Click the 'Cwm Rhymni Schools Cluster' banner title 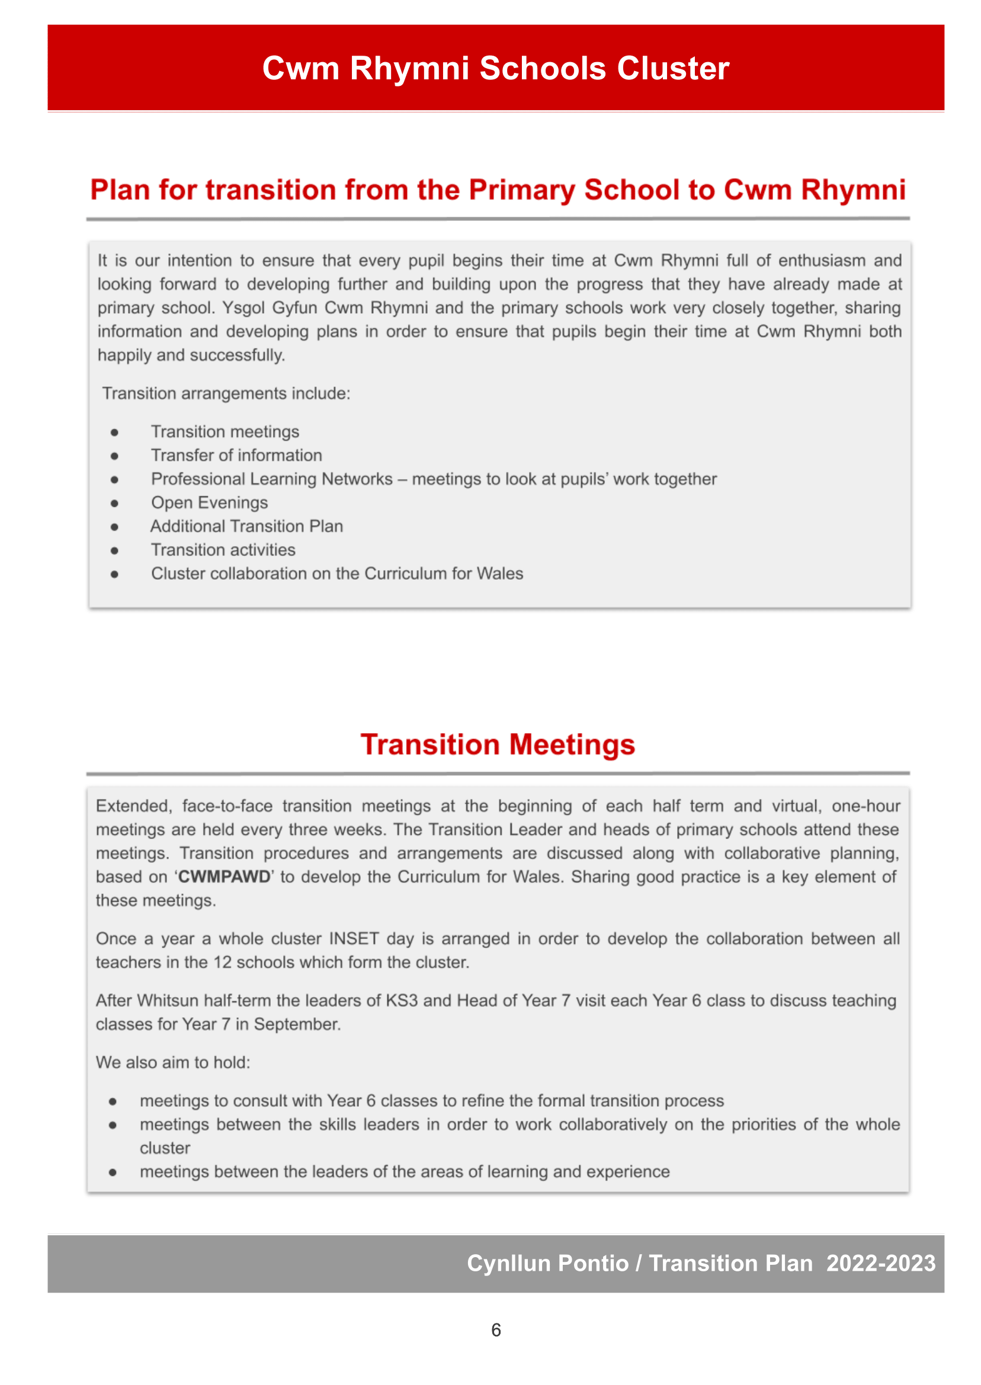495,68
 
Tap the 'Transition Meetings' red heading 497,744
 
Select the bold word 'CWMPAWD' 224,876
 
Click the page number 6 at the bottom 496,1329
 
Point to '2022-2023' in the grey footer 880,1263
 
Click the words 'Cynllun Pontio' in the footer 547,1263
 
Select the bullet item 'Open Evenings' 209,502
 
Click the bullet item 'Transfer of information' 236,455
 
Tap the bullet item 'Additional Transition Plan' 246,526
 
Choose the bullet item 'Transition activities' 223,549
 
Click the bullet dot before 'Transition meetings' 114,432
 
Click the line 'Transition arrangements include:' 226,393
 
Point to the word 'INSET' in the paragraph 354,939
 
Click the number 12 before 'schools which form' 222,962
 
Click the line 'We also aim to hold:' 173,1062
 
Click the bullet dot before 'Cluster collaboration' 114,574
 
